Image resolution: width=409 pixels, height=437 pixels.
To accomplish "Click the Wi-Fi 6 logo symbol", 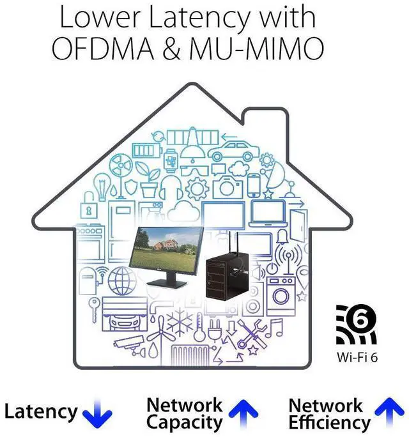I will click(x=356, y=325).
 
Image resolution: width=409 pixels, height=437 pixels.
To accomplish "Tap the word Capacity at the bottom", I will click(x=185, y=422).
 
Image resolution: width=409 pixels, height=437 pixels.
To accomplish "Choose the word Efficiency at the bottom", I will click(x=329, y=422).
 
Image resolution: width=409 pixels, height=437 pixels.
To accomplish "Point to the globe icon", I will click(x=121, y=281).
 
